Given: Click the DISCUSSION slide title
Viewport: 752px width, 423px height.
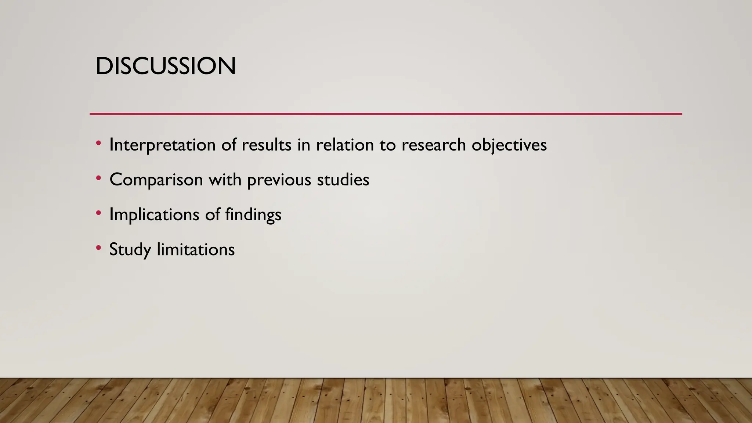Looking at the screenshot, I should pyautogui.click(x=166, y=66).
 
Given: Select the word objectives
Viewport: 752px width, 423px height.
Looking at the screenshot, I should pyautogui.click(x=509, y=145).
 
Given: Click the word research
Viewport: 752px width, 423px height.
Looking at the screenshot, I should pyautogui.click(x=434, y=145).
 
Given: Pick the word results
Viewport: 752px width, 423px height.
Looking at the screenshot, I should pyautogui.click(x=266, y=145).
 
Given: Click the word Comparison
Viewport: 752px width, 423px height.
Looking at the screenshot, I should pyautogui.click(x=156, y=180).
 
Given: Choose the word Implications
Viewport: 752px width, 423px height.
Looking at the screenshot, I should pyautogui.click(x=154, y=214).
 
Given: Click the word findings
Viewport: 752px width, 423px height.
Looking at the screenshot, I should pyautogui.click(x=253, y=214).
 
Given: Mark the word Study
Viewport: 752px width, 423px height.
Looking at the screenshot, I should pyautogui.click(x=130, y=249).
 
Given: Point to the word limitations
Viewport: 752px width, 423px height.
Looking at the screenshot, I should pyautogui.click(x=196, y=249).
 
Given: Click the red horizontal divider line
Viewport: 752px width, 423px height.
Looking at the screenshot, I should pyautogui.click(x=386, y=114).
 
